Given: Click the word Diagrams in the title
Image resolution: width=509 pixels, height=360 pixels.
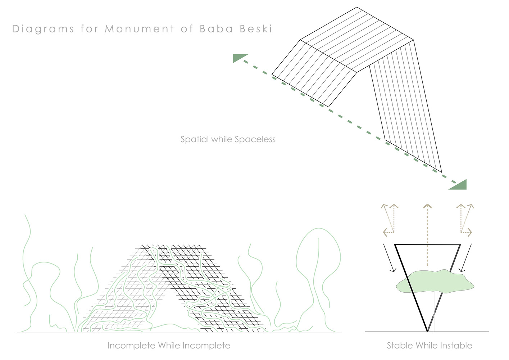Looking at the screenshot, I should [x=43, y=29].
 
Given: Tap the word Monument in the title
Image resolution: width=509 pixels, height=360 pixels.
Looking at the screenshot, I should [x=140, y=29].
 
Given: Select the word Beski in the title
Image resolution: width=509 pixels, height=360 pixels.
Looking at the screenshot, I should [x=256, y=29].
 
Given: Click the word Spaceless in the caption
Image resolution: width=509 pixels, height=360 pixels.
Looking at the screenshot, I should [x=255, y=139].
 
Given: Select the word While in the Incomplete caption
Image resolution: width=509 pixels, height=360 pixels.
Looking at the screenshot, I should [x=169, y=346].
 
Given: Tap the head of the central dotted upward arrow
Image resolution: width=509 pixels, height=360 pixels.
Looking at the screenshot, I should [x=427, y=206].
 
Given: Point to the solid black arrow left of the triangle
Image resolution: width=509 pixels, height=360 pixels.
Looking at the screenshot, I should [x=389, y=258].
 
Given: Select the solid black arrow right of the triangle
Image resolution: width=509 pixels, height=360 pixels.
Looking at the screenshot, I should [x=465, y=258].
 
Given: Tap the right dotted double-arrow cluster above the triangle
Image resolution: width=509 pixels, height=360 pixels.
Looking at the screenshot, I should [x=465, y=220].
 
